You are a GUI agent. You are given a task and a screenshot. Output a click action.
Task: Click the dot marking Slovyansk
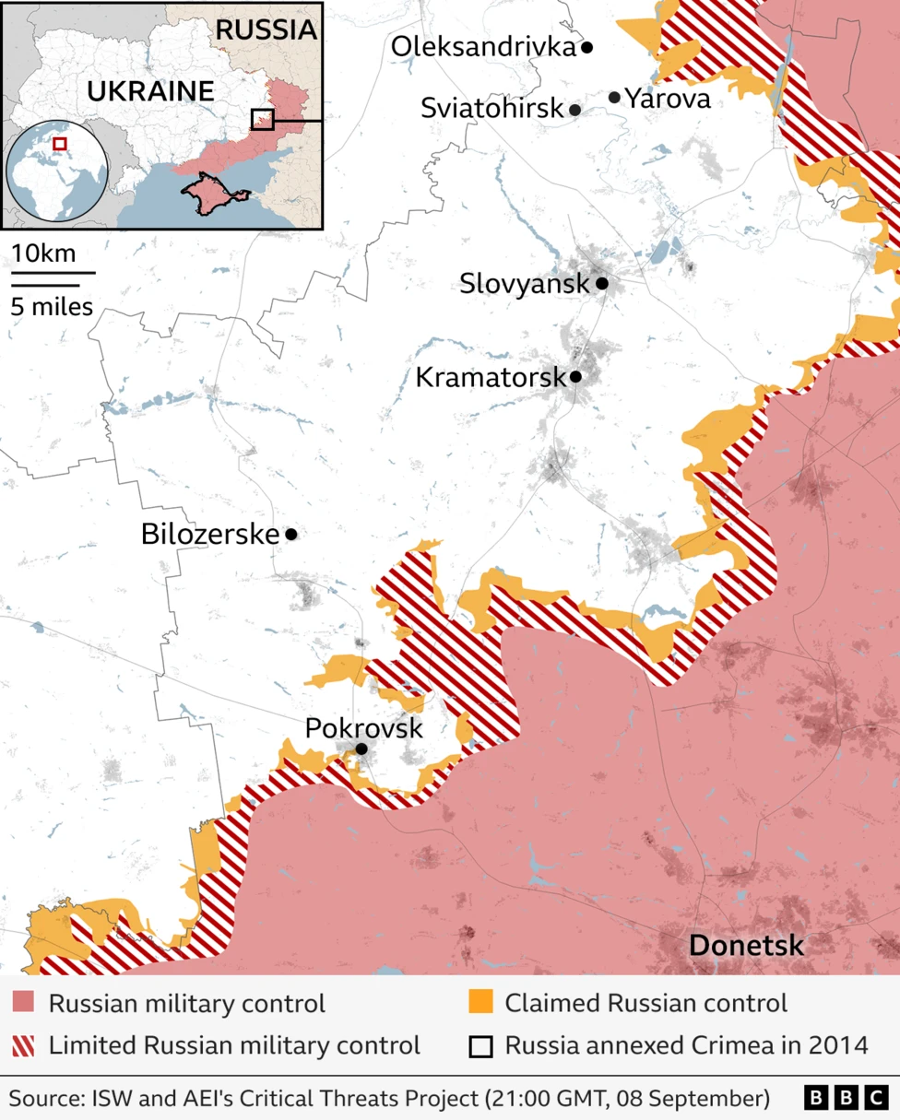(x=601, y=283)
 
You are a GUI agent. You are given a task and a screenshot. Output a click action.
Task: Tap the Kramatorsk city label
(x=490, y=377)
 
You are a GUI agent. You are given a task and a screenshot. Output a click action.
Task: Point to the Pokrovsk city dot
(x=361, y=749)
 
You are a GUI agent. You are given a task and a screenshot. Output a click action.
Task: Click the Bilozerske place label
(x=210, y=534)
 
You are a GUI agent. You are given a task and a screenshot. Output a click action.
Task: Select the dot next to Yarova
(x=615, y=97)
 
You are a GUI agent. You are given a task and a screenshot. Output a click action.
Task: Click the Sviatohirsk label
(x=491, y=109)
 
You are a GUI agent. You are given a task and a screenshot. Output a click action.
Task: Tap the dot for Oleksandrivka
(x=586, y=46)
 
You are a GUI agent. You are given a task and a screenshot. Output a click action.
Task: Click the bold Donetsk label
(x=746, y=946)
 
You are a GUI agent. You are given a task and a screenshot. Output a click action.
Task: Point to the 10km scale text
(x=44, y=253)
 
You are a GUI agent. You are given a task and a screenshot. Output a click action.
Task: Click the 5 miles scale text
(x=52, y=306)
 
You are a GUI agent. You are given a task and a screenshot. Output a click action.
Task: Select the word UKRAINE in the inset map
(x=150, y=91)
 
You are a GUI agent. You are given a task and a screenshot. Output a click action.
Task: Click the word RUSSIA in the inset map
(x=266, y=29)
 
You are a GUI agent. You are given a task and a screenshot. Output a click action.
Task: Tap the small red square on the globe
(x=59, y=143)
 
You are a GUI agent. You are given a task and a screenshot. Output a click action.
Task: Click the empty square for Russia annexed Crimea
(x=480, y=1046)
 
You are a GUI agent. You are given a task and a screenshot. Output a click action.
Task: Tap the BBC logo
(x=846, y=1098)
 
